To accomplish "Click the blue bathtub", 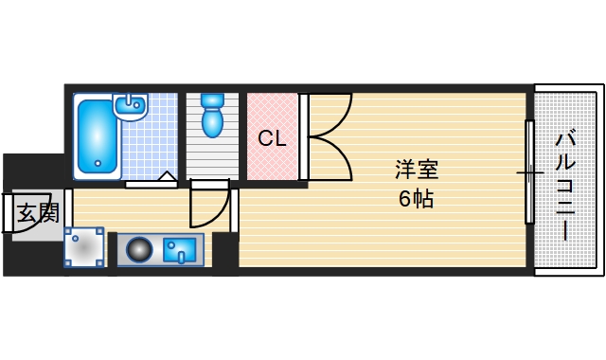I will pyautogui.click(x=97, y=137).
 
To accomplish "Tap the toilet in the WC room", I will pyautogui.click(x=211, y=120).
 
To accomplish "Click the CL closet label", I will pyautogui.click(x=272, y=138).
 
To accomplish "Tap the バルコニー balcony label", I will pyautogui.click(x=565, y=185).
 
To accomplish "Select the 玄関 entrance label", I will pyautogui.click(x=37, y=212).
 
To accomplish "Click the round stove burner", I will pyautogui.click(x=139, y=250).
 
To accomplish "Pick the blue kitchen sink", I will pyautogui.click(x=179, y=250).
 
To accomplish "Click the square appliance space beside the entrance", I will pyautogui.click(x=83, y=248).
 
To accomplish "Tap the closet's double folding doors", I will pyautogui.click(x=327, y=137).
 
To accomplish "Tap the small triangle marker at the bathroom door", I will pyautogui.click(x=167, y=176).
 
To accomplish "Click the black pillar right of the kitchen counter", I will pyautogui.click(x=224, y=250).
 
